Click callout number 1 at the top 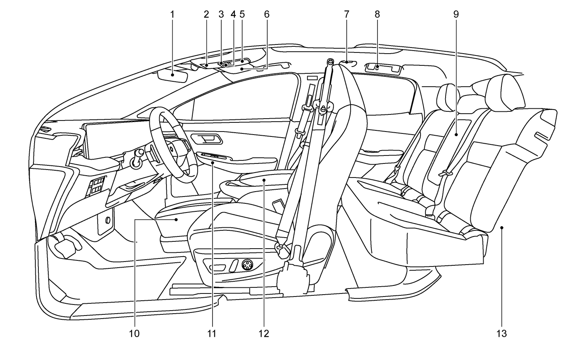(x=172, y=15)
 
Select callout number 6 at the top (x=266, y=15)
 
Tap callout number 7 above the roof (x=346, y=15)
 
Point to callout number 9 (x=456, y=15)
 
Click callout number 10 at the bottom (x=134, y=334)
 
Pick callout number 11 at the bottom (x=212, y=334)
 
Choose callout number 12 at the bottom (x=263, y=334)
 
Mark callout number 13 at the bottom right (x=501, y=334)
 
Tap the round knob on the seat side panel (x=247, y=264)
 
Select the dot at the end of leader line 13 (x=502, y=227)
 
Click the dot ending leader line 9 (x=456, y=135)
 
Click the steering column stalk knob (x=140, y=153)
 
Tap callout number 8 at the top (x=377, y=15)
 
